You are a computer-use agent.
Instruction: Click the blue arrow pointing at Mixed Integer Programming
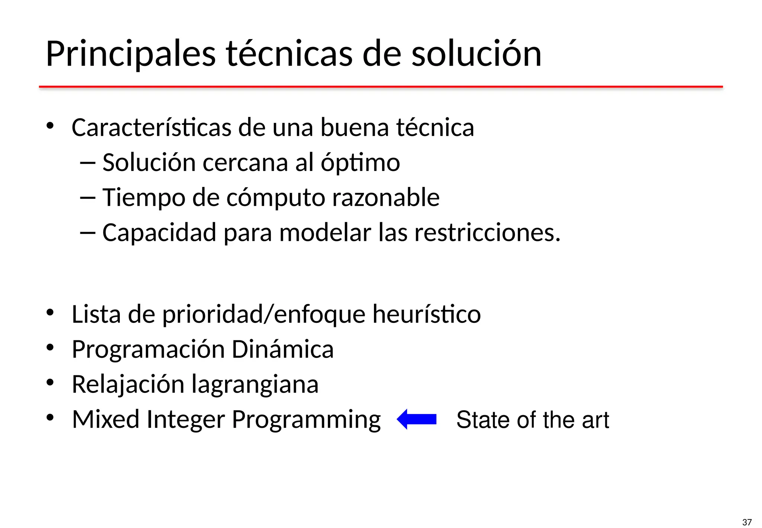[417, 419]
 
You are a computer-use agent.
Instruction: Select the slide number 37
[746, 522]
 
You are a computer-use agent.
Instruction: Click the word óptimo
[360, 163]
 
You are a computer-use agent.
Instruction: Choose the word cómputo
[275, 197]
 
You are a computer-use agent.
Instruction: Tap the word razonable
[385, 197]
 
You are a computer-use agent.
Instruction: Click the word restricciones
[487, 232]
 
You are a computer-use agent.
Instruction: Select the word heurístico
[426, 314]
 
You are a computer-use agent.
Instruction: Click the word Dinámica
[282, 349]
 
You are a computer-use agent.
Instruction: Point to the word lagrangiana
[255, 385]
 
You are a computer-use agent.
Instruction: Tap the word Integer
[186, 419]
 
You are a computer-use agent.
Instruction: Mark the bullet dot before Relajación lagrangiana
[50, 382]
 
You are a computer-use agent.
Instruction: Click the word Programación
[148, 349]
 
